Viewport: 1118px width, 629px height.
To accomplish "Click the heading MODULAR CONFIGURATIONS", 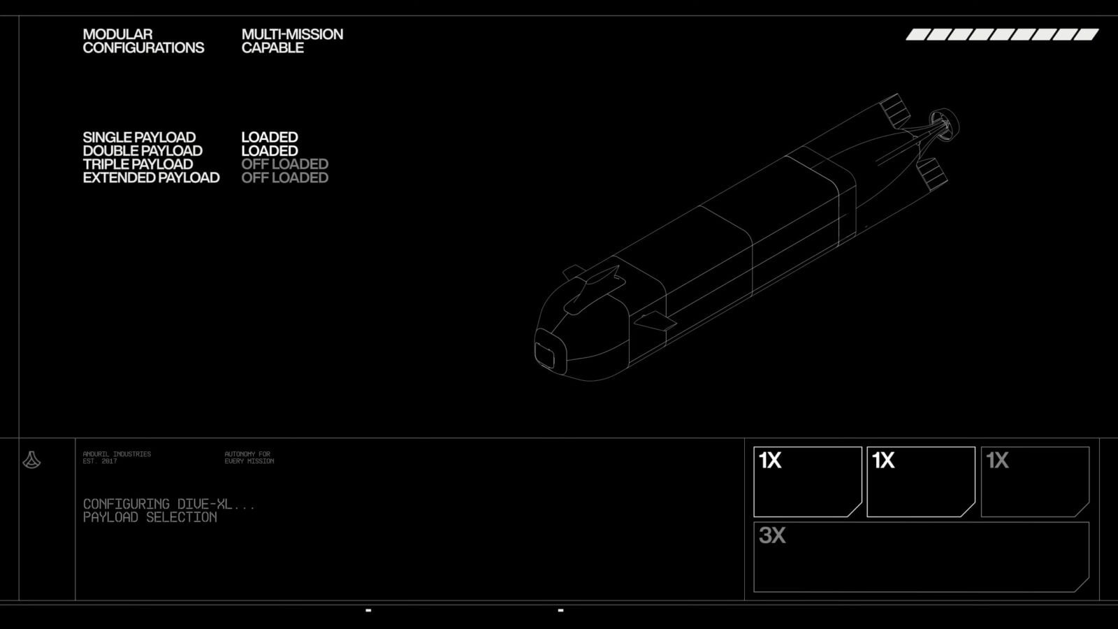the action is click(x=143, y=41).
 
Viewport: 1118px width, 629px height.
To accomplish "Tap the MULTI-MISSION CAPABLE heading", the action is click(x=292, y=41).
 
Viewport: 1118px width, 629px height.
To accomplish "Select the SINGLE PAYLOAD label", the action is click(x=139, y=137).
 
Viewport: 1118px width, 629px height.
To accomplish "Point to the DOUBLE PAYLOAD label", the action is click(x=143, y=151).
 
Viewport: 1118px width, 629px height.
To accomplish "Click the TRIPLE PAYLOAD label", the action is click(x=138, y=164).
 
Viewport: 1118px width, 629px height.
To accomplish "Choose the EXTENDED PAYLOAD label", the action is click(x=151, y=178).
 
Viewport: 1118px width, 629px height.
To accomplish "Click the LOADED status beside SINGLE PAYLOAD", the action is click(x=270, y=137).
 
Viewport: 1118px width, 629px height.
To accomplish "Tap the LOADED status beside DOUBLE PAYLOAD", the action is click(x=270, y=151).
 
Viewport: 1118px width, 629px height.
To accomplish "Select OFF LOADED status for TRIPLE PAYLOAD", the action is click(x=284, y=164).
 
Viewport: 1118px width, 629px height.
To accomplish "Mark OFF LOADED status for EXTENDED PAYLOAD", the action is click(x=284, y=178).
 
